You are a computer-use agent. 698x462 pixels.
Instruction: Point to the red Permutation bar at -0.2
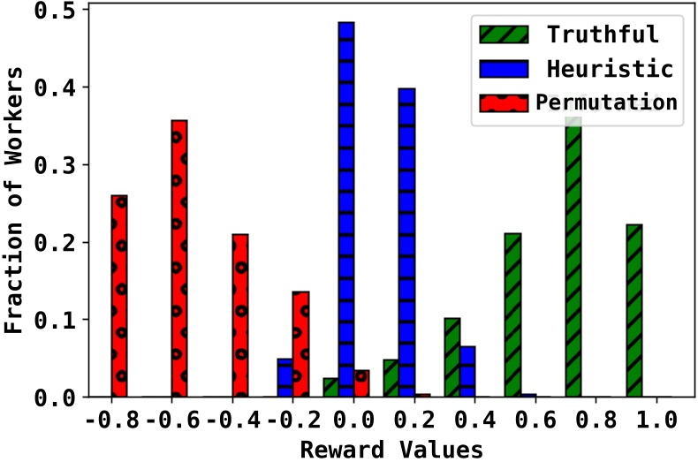click(300, 345)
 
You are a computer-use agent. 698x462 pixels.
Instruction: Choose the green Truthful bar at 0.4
click(451, 358)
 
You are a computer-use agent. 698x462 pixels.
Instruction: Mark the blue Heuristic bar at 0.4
click(467, 372)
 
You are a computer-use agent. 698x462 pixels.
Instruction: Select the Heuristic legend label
click(610, 68)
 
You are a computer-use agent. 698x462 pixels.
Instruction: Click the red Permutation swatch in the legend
click(503, 102)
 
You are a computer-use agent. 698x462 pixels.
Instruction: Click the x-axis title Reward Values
click(391, 449)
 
